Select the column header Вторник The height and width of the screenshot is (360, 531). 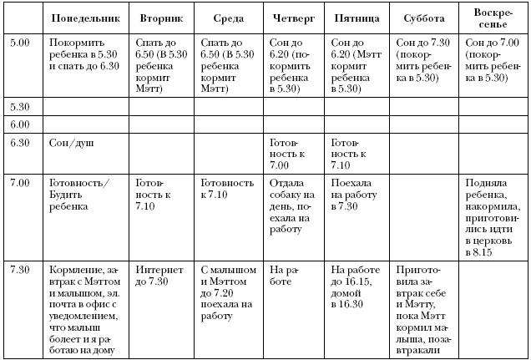coord(159,18)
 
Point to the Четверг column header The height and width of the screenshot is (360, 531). coord(291,18)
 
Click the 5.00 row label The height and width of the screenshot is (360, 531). coord(19,41)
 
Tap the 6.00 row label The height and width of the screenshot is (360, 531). coord(19,124)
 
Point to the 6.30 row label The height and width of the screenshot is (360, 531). coord(19,142)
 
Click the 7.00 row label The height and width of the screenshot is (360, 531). coord(19,181)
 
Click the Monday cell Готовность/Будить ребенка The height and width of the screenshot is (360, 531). coord(80,187)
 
